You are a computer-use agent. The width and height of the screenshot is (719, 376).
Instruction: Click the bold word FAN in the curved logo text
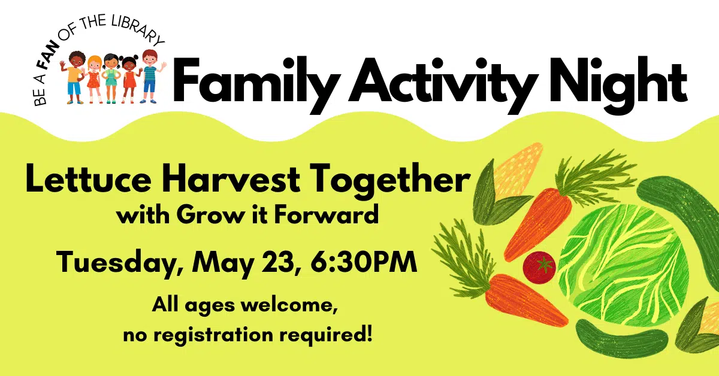click(x=50, y=65)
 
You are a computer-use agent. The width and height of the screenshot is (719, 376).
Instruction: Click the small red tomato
click(x=539, y=266)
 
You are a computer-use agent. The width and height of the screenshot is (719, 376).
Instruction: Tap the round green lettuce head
click(x=623, y=263)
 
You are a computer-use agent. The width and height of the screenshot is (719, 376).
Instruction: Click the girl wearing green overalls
click(x=111, y=78)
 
